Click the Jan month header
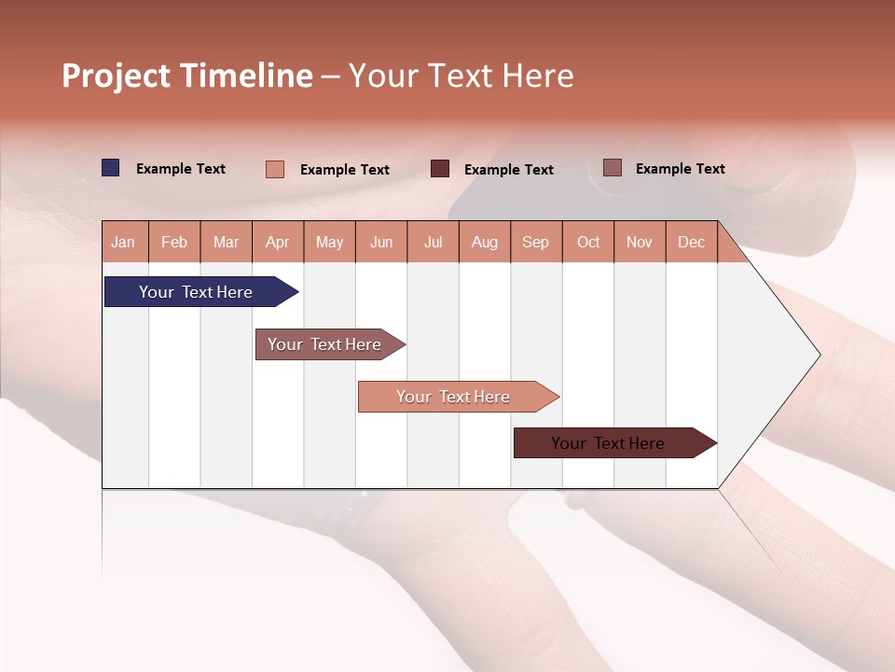(x=124, y=242)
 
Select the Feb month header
(x=174, y=242)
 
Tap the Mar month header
(x=226, y=242)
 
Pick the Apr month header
(x=278, y=242)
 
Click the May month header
(x=329, y=242)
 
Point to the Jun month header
(x=381, y=242)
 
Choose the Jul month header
(x=433, y=242)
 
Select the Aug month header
(x=485, y=242)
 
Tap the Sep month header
(x=536, y=242)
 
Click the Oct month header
(x=588, y=242)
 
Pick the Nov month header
(x=640, y=242)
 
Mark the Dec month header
(x=691, y=242)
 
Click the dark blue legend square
(x=111, y=168)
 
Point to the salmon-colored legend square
(x=275, y=169)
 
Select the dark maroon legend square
(x=440, y=169)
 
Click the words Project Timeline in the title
(x=187, y=76)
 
